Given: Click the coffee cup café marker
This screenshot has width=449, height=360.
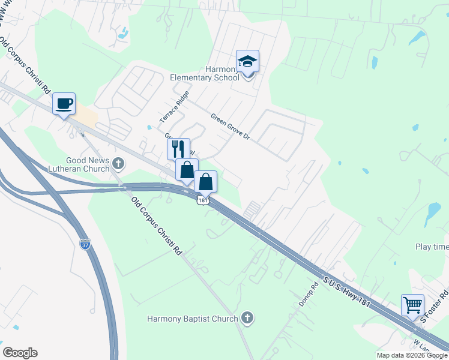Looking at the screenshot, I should tap(64, 104).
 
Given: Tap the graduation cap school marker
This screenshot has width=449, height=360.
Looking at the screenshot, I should tap(247, 62).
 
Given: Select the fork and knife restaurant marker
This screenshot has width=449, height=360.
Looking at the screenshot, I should tap(178, 149).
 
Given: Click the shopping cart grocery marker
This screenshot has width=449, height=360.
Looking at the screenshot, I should tap(413, 305).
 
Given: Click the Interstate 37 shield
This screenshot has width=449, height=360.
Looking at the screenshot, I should tap(85, 245).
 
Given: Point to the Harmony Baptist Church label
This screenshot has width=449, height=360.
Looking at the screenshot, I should tap(192, 319).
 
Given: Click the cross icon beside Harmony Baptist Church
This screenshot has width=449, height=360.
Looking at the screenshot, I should tap(246, 317).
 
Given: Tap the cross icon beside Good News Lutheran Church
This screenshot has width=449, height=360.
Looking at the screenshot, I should tap(118, 163).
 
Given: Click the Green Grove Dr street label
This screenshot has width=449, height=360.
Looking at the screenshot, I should tap(230, 126).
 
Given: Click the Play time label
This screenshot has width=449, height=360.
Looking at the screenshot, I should tap(432, 247).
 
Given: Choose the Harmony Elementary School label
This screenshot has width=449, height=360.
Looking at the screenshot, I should tap(204, 73).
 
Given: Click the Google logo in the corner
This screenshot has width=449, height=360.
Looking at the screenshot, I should tap(20, 353).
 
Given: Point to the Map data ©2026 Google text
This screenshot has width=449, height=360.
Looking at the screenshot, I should tap(412, 355).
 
